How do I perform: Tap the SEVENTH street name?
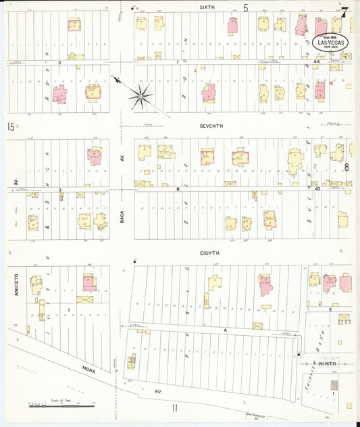point(211,126)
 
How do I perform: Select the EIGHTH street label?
point(210,253)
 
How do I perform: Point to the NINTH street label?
point(327,363)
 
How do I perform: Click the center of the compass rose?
point(140,95)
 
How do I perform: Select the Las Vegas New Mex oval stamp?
point(330,41)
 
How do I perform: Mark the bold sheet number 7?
point(344,11)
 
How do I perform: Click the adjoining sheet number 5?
point(247,8)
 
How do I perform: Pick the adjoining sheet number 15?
point(11,126)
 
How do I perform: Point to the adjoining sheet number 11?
point(174,407)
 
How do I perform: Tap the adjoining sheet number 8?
point(346,166)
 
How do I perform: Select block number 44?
point(316,61)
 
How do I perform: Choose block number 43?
point(316,189)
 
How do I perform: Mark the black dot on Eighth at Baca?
point(134,261)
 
